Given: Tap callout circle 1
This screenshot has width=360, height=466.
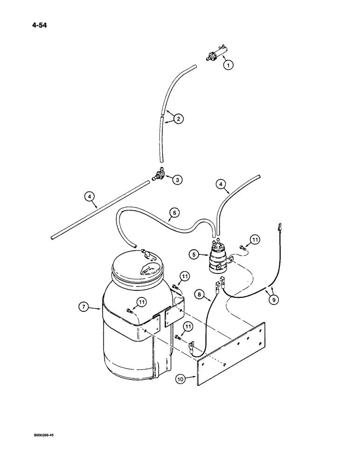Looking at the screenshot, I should [x=228, y=65].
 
